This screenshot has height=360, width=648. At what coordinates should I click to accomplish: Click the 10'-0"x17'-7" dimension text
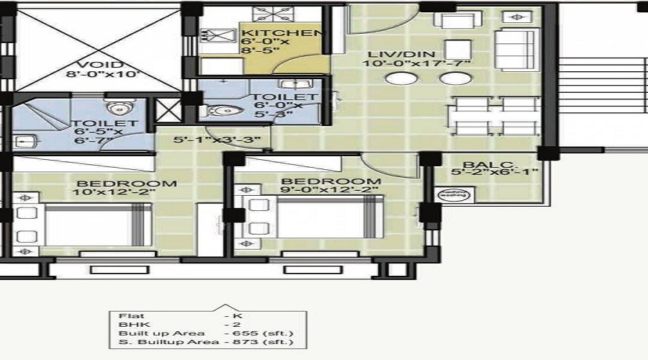[x=416, y=64]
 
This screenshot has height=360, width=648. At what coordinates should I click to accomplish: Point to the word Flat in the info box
[x=127, y=315]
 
